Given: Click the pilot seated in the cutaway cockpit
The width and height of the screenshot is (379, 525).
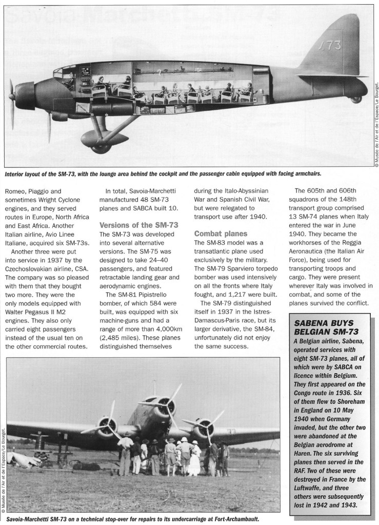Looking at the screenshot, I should pos(69,82).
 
